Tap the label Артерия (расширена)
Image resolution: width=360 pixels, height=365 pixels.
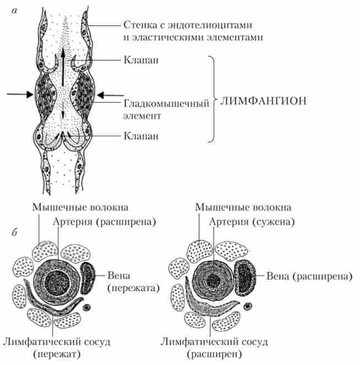tap(105, 221)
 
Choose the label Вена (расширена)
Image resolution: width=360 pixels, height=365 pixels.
tap(310, 275)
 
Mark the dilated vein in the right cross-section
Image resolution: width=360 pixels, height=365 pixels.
tap(245, 277)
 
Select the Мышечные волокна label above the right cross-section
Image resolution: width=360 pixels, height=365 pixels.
tap(243, 207)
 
